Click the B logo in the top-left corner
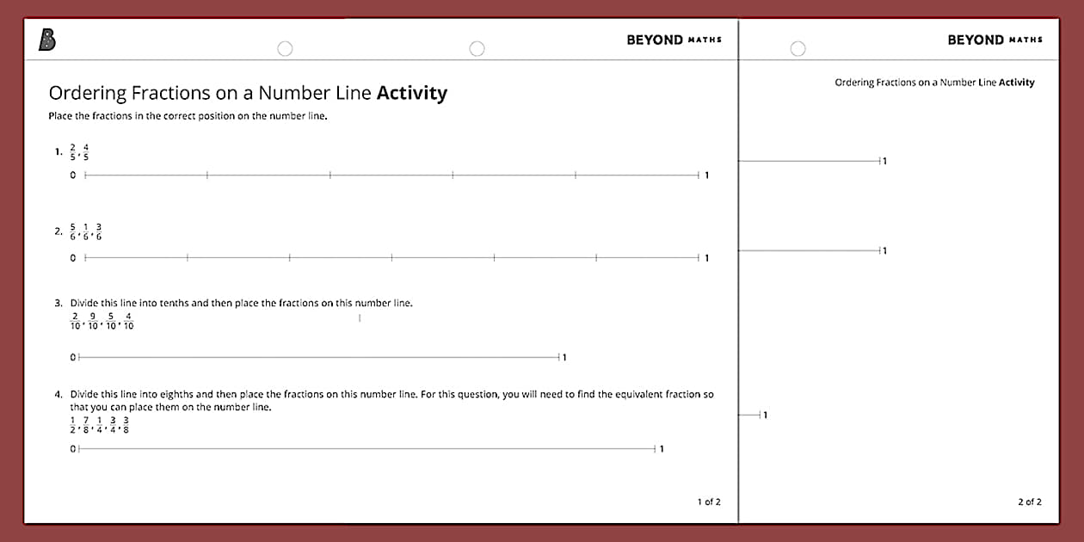click(47, 40)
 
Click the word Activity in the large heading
click(412, 93)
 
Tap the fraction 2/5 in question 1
click(73, 152)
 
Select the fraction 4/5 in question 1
click(86, 152)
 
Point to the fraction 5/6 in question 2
click(73, 231)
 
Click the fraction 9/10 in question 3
click(93, 321)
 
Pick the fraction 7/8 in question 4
click(86, 425)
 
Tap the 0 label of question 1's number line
click(73, 176)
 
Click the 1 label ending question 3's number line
click(564, 357)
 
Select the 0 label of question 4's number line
click(73, 448)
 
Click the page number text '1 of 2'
click(709, 502)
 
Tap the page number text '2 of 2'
click(1030, 502)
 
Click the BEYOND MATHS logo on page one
click(674, 40)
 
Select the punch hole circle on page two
click(798, 49)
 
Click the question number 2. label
click(58, 231)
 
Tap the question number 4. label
click(59, 394)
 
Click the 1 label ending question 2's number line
click(707, 258)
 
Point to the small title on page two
click(934, 83)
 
